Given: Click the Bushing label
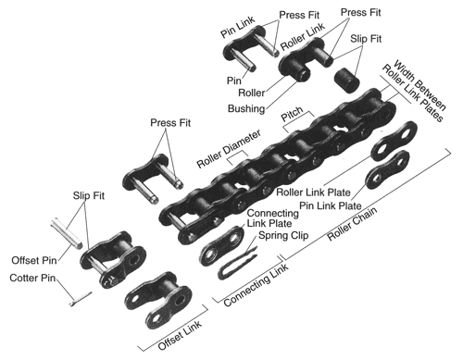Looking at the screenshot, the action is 246,108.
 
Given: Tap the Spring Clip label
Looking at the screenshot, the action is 283,235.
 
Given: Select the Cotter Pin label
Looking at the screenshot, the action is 32,278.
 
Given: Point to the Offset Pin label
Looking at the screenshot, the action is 34,260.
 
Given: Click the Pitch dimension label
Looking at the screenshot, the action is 292,114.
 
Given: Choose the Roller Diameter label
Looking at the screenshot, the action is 229,149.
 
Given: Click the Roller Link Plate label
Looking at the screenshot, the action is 313,192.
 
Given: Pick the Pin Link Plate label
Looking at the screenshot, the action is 331,205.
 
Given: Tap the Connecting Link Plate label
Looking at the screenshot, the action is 272,218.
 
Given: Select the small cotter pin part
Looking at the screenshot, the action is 80,300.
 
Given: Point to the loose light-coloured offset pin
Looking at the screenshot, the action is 67,232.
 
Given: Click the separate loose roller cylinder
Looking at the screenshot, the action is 346,80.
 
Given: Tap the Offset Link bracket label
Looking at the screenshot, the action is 180,335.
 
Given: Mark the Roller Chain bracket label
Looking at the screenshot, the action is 352,224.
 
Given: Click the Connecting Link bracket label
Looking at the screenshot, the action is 257,285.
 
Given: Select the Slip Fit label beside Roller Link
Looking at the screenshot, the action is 366,39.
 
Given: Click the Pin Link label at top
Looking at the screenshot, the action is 238,27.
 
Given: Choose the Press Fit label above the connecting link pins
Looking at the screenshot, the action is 170,123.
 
